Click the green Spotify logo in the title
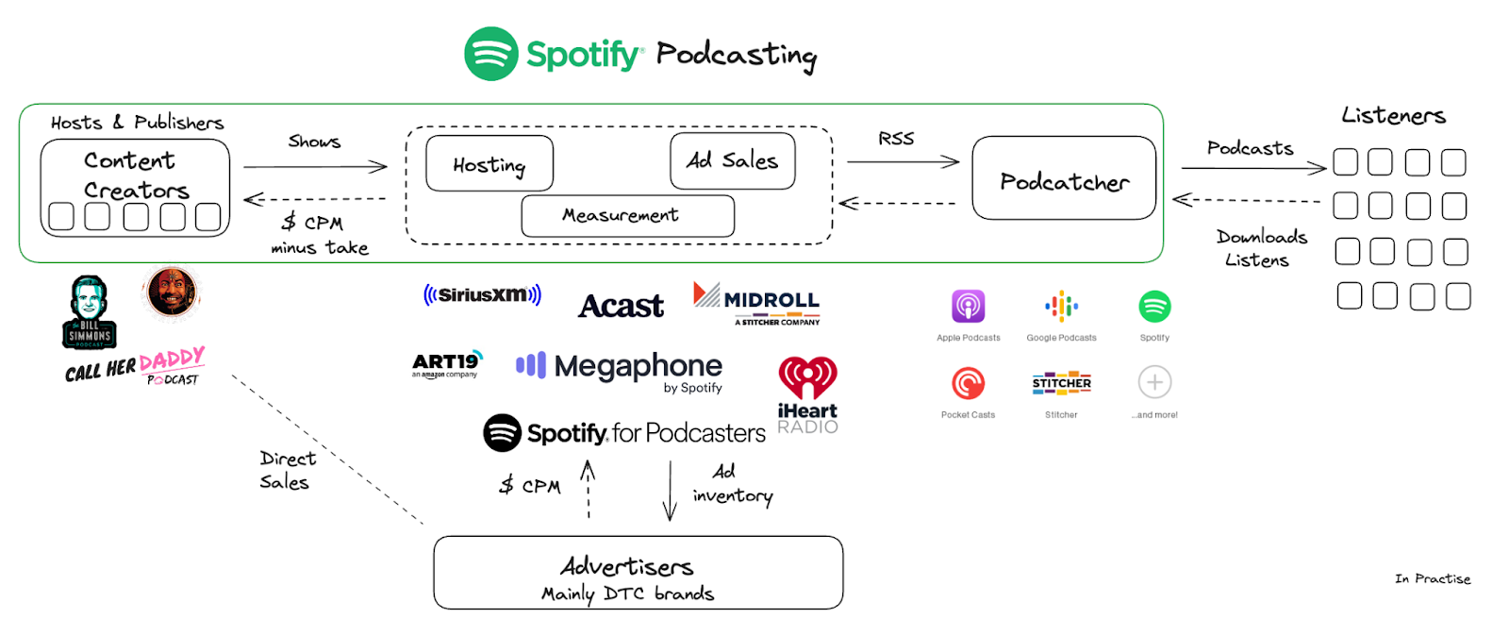490,54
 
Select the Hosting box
489,164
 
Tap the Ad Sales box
733,160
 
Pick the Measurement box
627,216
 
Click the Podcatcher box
1063,178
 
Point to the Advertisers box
638,573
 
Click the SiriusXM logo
482,294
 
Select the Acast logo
621,306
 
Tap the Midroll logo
756,302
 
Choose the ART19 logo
446,363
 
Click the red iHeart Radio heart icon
807,376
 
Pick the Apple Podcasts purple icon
968,307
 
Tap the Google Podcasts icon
1061,307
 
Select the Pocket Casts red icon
968,383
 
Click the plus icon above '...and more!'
1154,382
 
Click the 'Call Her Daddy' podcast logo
135,366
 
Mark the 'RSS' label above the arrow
896,139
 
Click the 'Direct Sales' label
286,470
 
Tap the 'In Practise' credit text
1432,578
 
